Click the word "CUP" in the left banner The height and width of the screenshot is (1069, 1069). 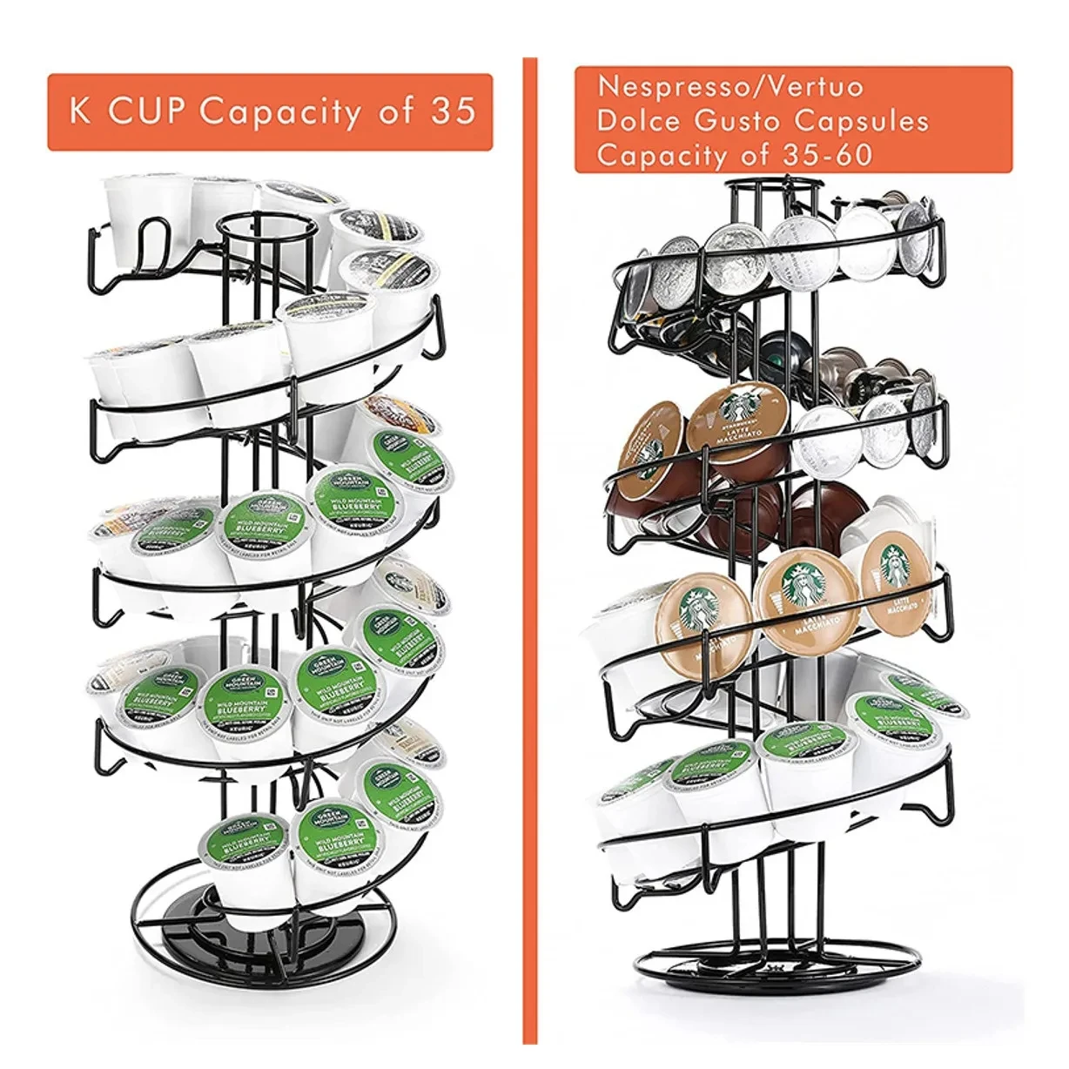coord(145,112)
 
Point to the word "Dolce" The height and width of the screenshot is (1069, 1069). coord(637,121)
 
